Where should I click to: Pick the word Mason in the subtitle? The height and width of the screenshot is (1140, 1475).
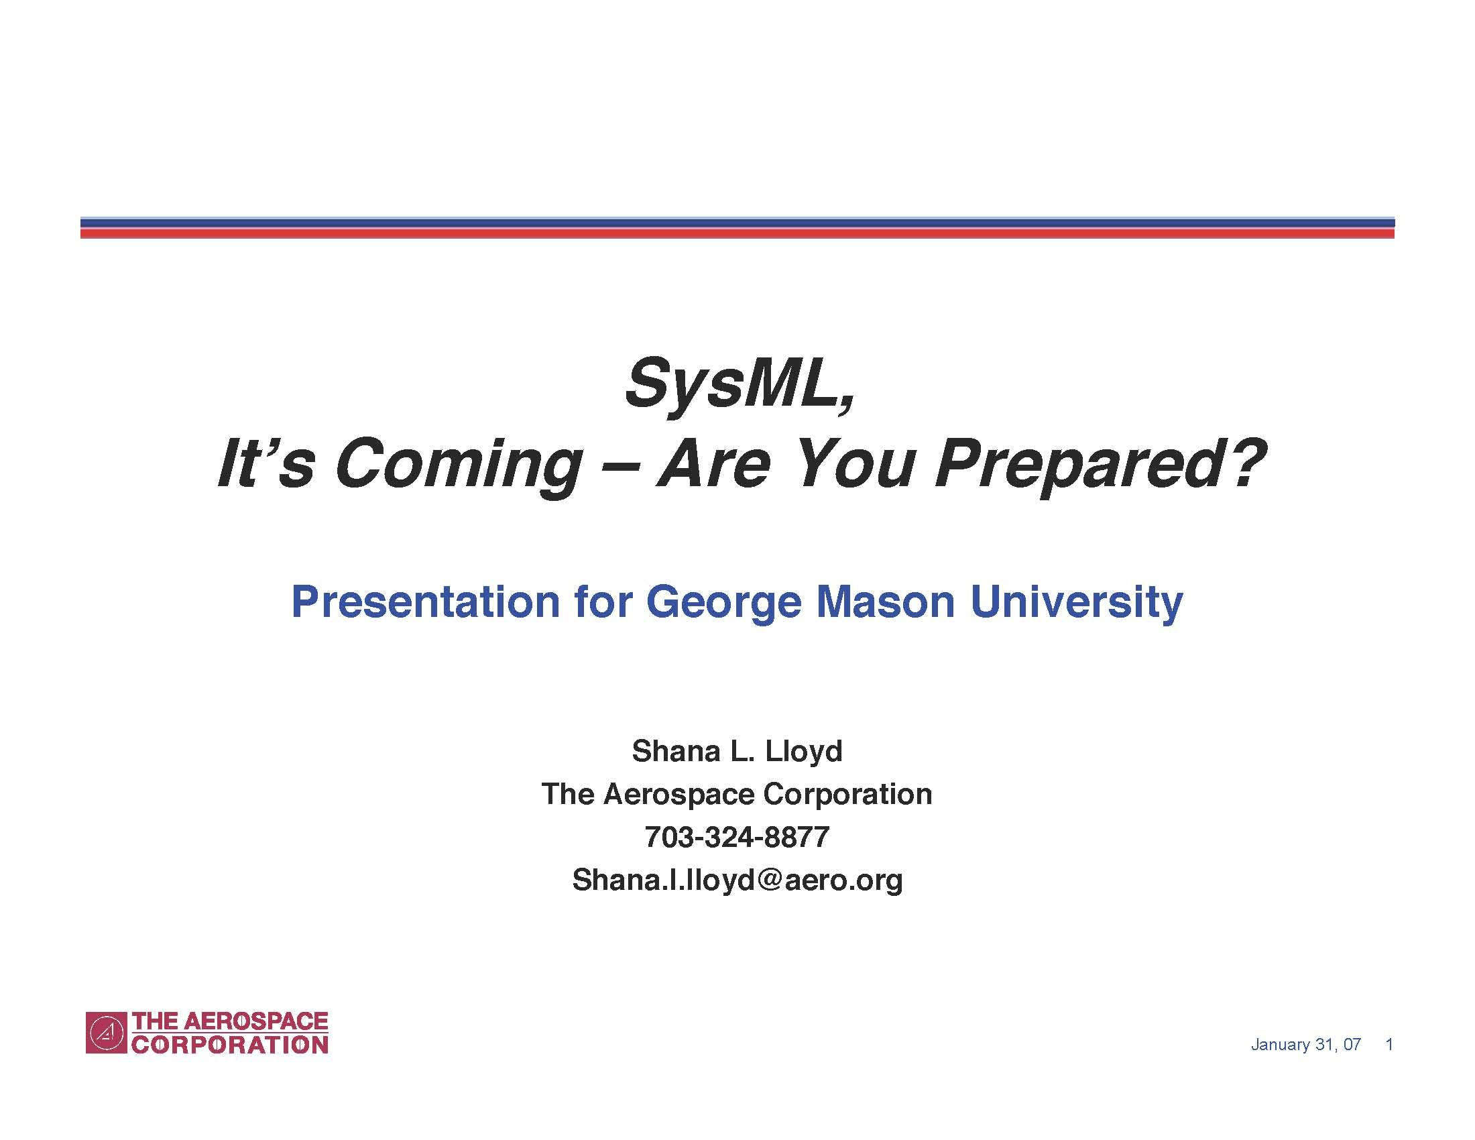point(886,601)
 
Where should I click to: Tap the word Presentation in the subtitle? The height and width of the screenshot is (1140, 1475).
point(426,601)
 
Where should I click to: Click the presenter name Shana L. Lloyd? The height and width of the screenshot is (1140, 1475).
point(737,751)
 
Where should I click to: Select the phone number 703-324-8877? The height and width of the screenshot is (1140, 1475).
point(737,837)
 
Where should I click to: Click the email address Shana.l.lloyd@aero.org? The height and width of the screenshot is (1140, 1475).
point(737,880)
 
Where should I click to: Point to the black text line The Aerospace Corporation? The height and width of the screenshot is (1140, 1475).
point(737,794)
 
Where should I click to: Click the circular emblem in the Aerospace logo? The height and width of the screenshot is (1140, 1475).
point(106,1033)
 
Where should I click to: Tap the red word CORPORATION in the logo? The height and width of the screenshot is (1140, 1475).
point(230,1045)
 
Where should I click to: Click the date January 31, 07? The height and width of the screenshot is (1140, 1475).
point(1305,1045)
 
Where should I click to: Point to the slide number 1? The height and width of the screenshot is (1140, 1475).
point(1389,1044)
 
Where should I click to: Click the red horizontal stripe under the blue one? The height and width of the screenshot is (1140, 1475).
point(737,233)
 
